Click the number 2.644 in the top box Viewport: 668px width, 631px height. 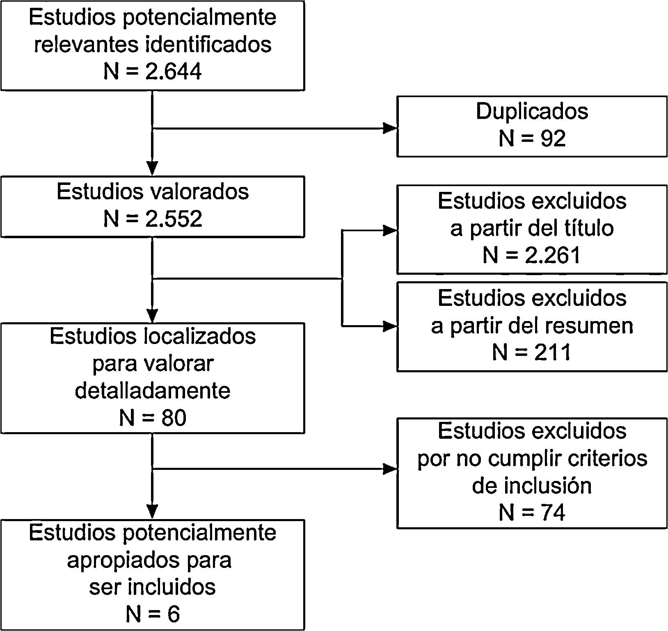click(173, 72)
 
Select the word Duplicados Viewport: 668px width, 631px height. click(532, 112)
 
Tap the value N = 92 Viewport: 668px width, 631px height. click(532, 139)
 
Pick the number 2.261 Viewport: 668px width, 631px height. click(552, 255)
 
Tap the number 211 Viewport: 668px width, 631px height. click(552, 353)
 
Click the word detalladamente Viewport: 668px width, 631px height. click(153, 390)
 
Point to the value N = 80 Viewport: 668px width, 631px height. click(153, 418)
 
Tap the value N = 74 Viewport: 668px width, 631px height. click(532, 513)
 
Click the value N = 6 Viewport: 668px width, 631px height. click(153, 614)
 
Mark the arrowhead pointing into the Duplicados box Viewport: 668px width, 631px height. click(390, 128)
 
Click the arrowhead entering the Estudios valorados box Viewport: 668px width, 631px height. click(152, 169)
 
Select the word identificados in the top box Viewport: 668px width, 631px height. click(209, 44)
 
